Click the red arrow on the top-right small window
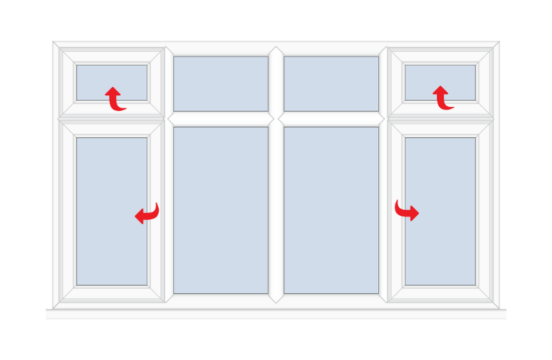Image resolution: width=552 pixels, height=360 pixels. [442, 99]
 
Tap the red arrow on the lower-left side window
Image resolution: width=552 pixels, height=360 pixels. [147, 214]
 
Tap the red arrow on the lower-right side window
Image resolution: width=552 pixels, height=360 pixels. [406, 210]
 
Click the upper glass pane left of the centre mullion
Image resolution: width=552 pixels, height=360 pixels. [221, 83]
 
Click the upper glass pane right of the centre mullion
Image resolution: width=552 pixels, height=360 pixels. [331, 83]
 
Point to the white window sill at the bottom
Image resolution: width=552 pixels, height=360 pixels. [276, 314]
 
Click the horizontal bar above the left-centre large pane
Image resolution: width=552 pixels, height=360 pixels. [221, 119]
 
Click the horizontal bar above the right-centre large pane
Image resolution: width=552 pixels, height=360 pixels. [331, 119]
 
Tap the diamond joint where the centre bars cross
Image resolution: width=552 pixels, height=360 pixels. [276, 119]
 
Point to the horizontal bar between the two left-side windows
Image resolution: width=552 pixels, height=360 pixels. [112, 119]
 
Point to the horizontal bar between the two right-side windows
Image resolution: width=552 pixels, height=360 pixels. [440, 119]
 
